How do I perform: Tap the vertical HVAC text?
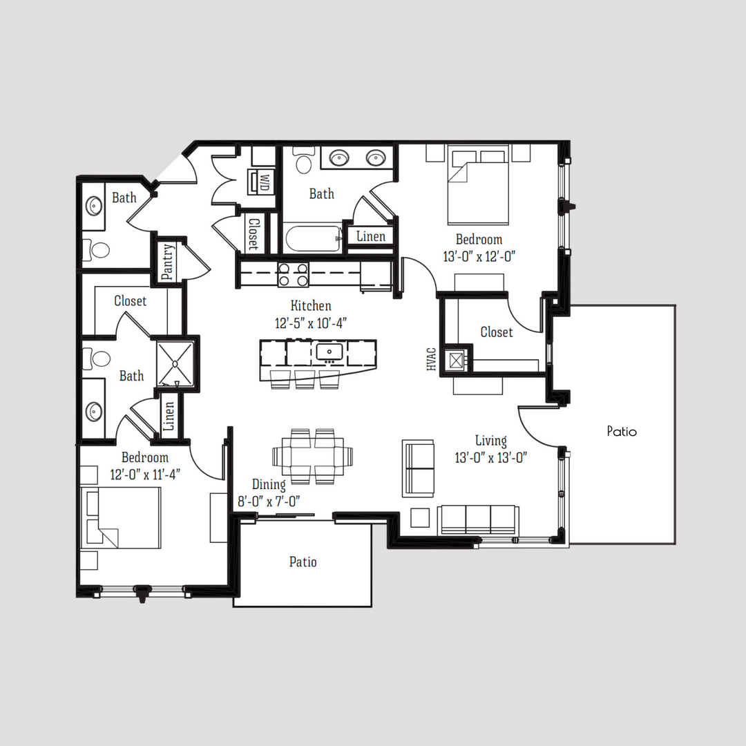(432, 359)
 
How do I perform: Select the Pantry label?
(168, 262)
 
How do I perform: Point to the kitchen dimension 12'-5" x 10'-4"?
(311, 322)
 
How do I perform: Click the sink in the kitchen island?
(329, 352)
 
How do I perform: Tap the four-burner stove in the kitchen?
(293, 275)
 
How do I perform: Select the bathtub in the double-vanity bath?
(313, 240)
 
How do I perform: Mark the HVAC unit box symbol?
(455, 359)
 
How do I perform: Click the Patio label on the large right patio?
(622, 431)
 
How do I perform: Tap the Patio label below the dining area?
(303, 562)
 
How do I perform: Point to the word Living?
(490, 441)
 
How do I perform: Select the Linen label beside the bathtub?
(371, 236)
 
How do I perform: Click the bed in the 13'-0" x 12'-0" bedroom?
(478, 185)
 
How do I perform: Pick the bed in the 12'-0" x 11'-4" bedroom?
(121, 518)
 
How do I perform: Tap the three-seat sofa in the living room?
(478, 519)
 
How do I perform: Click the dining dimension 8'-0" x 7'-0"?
(269, 501)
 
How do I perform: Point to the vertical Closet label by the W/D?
(254, 234)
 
